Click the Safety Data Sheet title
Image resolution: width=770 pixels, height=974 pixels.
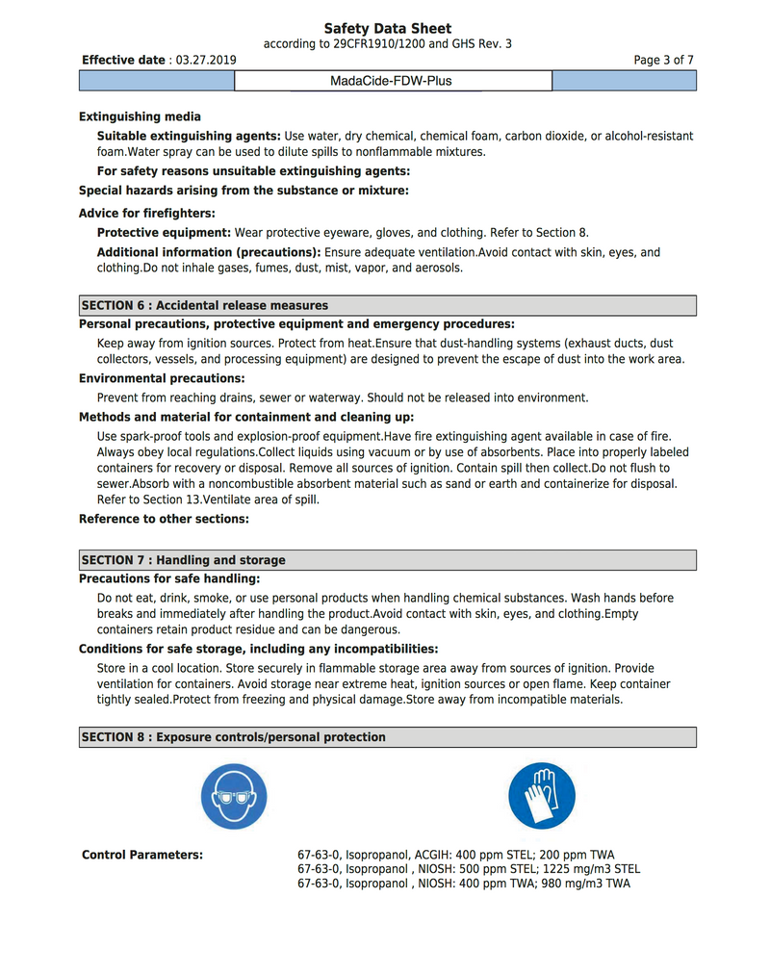(387, 29)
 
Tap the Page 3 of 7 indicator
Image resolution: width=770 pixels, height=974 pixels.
(663, 60)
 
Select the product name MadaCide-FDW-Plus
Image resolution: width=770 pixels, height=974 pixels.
(391, 81)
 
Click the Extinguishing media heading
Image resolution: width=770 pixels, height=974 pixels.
(140, 116)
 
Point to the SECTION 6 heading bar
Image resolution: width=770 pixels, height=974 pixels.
(387, 305)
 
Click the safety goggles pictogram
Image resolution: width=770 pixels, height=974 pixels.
(234, 796)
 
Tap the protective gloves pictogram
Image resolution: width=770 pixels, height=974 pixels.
(541, 796)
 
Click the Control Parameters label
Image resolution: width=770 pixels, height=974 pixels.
(142, 855)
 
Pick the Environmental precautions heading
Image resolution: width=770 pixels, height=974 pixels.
(162, 378)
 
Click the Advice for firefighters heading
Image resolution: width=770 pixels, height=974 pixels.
(146, 213)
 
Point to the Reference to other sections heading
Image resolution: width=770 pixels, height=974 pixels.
(164, 519)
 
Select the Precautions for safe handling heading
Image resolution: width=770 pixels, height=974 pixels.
(169, 578)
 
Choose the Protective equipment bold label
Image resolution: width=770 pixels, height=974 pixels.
(164, 232)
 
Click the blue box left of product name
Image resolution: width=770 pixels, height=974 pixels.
(157, 81)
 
